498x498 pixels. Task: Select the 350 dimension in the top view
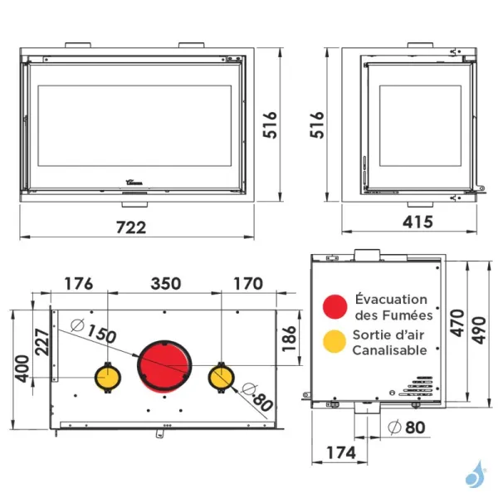coord(165,283)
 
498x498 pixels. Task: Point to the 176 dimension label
coord(79,283)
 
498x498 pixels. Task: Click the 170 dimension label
coord(247,283)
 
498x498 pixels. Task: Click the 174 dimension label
coord(339,452)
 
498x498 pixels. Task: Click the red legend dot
coord(334,306)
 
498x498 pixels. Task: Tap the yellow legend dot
coord(334,341)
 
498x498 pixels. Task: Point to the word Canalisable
coord(389,350)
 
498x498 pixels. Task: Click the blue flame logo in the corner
coord(476,474)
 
